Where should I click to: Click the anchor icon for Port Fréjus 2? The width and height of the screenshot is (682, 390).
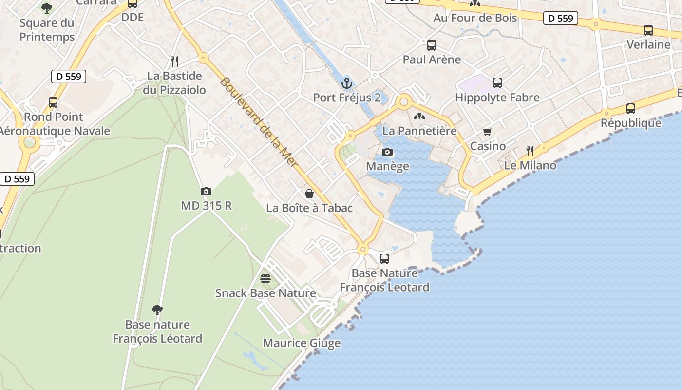coord(347,83)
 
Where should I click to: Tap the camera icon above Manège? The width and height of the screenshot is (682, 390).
coord(387,152)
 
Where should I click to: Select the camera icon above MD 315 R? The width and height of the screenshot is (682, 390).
coord(206,191)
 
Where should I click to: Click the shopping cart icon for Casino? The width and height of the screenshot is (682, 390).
coord(488,132)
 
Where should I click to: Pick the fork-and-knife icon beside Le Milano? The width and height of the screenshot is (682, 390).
coord(530,151)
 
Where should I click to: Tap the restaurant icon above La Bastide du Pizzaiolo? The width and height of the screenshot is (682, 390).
coord(174,61)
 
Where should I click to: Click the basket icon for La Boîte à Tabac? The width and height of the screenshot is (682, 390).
coord(309,194)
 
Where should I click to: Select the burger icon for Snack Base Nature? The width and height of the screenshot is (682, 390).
coord(265,279)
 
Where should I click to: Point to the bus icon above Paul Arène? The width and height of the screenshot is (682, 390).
coord(432,45)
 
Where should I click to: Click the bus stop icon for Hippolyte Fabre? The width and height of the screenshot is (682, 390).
coord(497,83)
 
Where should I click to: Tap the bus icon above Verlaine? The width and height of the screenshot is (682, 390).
coord(648,30)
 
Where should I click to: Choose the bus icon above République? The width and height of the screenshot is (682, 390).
coord(631,109)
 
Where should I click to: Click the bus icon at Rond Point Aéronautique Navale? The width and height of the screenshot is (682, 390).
coord(53,102)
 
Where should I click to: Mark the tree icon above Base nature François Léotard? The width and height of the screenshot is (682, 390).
coord(157,310)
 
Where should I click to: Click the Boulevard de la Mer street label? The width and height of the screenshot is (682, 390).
coord(258,122)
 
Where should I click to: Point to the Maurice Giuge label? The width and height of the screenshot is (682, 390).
coord(302,343)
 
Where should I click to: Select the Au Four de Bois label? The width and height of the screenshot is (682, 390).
coord(475,18)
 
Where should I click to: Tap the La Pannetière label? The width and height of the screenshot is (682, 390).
coord(419,131)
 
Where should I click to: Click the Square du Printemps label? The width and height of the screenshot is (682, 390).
coord(47,30)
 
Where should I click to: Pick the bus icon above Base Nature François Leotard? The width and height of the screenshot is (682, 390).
coord(384,259)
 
